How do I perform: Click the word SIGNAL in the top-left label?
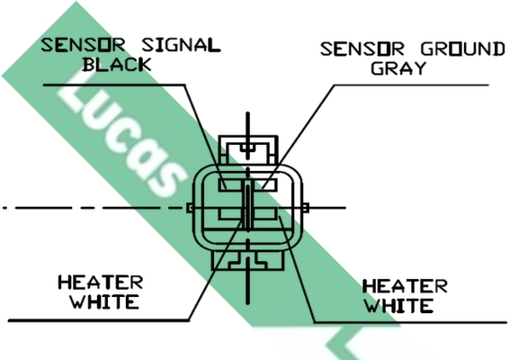tap(181, 45)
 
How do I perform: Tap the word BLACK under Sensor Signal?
tap(117, 65)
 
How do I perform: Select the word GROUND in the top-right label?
tap(463, 49)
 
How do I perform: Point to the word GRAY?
tap(398, 68)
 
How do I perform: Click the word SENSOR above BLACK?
tap(83, 45)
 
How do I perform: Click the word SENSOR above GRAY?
tap(362, 49)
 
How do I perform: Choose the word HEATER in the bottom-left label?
tap(101, 283)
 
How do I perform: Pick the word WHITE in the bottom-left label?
tap(105, 301)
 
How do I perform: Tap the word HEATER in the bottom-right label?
tap(405, 286)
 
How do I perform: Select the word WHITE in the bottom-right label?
tap(398, 306)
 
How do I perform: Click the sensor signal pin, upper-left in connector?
tap(230, 184)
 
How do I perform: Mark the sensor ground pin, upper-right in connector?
tap(265, 184)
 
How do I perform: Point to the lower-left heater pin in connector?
tap(230, 214)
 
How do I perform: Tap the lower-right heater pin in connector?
tap(265, 214)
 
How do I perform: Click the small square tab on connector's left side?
tap(190, 208)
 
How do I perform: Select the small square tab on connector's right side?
tap(305, 208)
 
